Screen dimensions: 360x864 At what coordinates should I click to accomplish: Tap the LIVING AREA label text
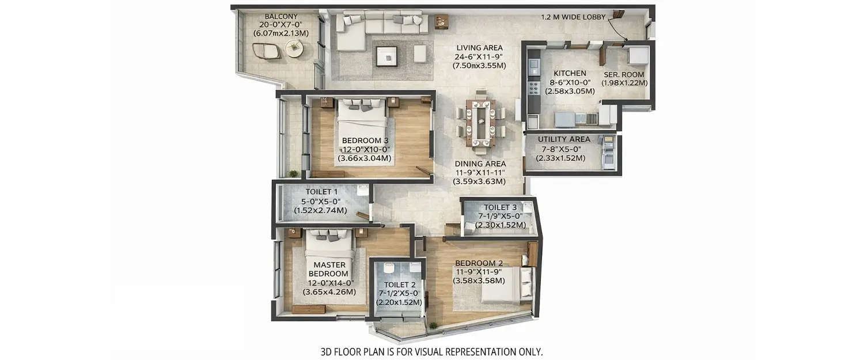click(x=479, y=48)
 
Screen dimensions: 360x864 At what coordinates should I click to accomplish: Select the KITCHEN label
click(x=570, y=74)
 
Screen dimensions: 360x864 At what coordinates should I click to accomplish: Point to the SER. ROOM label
click(x=624, y=74)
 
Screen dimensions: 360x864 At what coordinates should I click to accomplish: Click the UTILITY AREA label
click(x=563, y=139)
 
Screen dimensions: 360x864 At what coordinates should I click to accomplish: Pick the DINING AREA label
click(x=479, y=164)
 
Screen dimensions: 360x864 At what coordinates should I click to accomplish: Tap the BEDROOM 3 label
click(x=365, y=141)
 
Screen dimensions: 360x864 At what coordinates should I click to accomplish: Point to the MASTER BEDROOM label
click(x=331, y=269)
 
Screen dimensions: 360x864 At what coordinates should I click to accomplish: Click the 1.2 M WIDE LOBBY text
click(x=573, y=17)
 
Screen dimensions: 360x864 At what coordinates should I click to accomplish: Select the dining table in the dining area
click(x=480, y=122)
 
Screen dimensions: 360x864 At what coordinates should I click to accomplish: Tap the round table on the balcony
click(x=294, y=50)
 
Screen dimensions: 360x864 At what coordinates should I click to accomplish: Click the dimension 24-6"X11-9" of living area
click(x=479, y=57)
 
